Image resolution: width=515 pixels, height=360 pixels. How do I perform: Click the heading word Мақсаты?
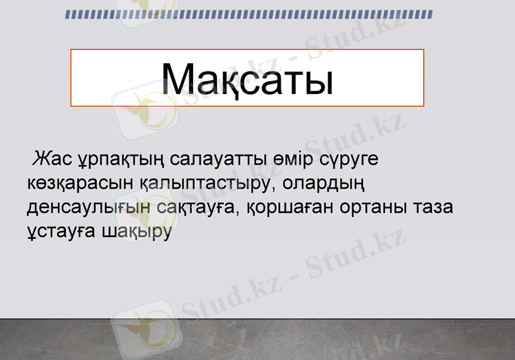[x=247, y=79]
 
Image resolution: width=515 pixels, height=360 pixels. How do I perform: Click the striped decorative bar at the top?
[x=248, y=15]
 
